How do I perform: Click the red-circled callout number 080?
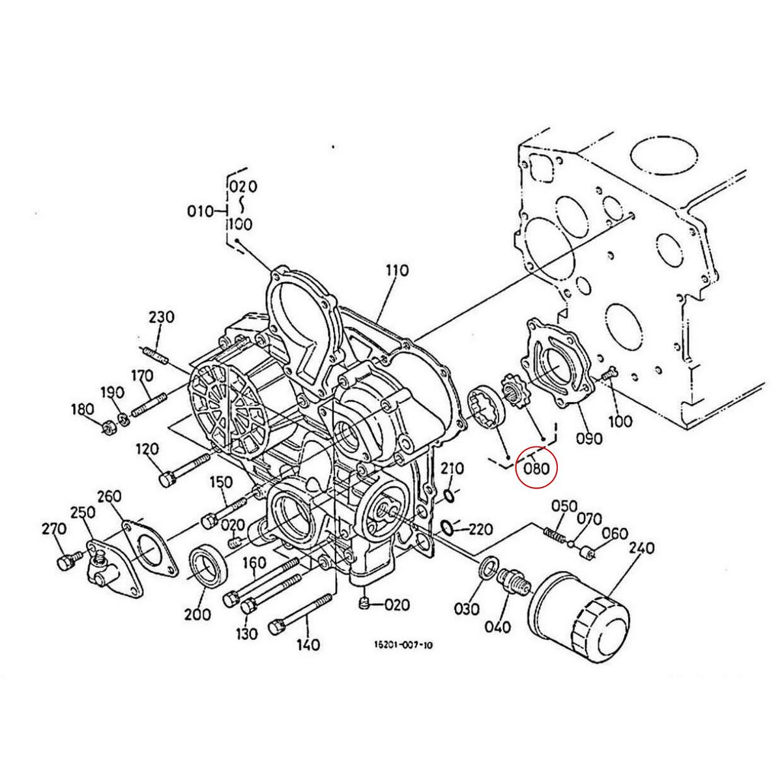coord(536,467)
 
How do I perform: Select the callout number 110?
coord(396,270)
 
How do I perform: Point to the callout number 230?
coord(161,317)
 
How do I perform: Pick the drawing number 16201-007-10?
coord(403,645)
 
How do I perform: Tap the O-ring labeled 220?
coord(447,527)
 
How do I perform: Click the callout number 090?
coord(589,438)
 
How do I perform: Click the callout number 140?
coord(308,644)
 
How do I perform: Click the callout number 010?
coord(200,211)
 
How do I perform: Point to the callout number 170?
coord(141,376)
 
